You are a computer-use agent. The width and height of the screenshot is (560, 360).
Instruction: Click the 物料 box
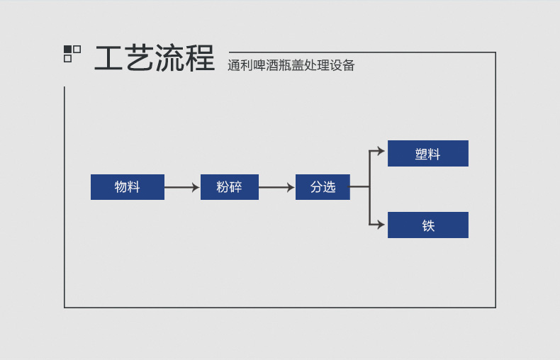[128, 187]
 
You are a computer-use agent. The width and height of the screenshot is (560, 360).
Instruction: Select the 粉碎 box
[230, 187]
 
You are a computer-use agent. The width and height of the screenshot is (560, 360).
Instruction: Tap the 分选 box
[323, 187]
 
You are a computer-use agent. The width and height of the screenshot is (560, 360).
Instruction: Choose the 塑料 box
[428, 154]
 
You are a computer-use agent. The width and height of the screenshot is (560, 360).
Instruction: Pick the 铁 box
[428, 225]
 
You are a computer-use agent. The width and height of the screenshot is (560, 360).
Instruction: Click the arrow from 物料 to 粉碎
[182, 187]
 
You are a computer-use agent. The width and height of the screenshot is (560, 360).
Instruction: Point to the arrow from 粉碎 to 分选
[276, 187]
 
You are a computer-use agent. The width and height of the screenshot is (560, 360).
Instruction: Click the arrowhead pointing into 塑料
[381, 151]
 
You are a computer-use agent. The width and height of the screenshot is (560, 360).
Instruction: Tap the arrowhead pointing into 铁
[381, 225]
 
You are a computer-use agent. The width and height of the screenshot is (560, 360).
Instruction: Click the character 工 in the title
[109, 59]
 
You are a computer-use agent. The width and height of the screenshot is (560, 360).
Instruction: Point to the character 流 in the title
[170, 59]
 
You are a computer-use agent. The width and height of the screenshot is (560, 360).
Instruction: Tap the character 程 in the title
[201, 59]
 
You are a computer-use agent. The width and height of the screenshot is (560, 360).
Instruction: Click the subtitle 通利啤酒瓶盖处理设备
[291, 66]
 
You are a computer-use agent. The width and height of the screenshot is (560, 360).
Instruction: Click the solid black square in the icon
[68, 50]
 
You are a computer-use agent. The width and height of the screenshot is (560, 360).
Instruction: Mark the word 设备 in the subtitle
[342, 66]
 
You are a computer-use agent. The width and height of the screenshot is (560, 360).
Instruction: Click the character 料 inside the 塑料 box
[435, 154]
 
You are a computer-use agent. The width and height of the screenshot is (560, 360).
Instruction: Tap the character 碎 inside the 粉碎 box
[236, 187]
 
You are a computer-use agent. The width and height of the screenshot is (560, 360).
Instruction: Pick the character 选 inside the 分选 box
[329, 187]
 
